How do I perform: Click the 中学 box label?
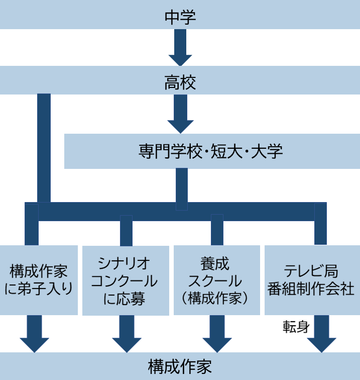tap(180, 16)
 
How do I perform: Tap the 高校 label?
tap(180, 82)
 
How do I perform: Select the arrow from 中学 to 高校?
tap(180, 48)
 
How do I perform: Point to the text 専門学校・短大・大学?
tap(211, 151)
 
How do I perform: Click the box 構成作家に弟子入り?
tap(39, 279)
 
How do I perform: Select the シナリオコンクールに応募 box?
tap(125, 280)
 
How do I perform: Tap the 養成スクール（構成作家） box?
tap(217, 280)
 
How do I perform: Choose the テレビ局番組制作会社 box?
tap(312, 279)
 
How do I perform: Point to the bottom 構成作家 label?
tap(180, 366)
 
